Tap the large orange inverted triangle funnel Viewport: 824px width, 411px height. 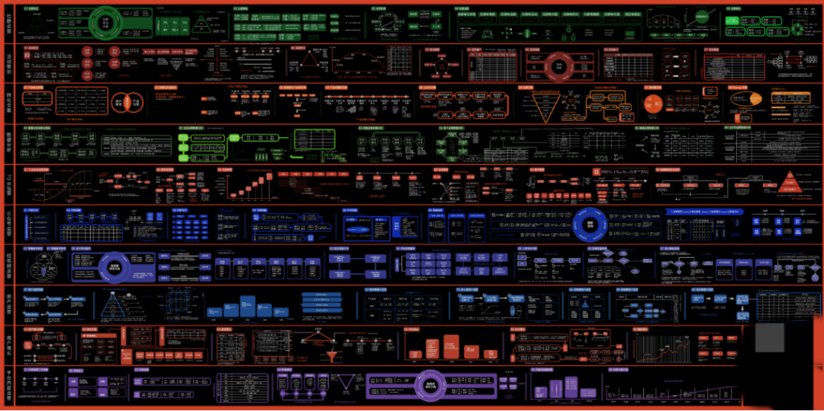point(549,109)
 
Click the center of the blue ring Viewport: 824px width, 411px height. point(590,224)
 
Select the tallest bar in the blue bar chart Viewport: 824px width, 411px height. point(247,306)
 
